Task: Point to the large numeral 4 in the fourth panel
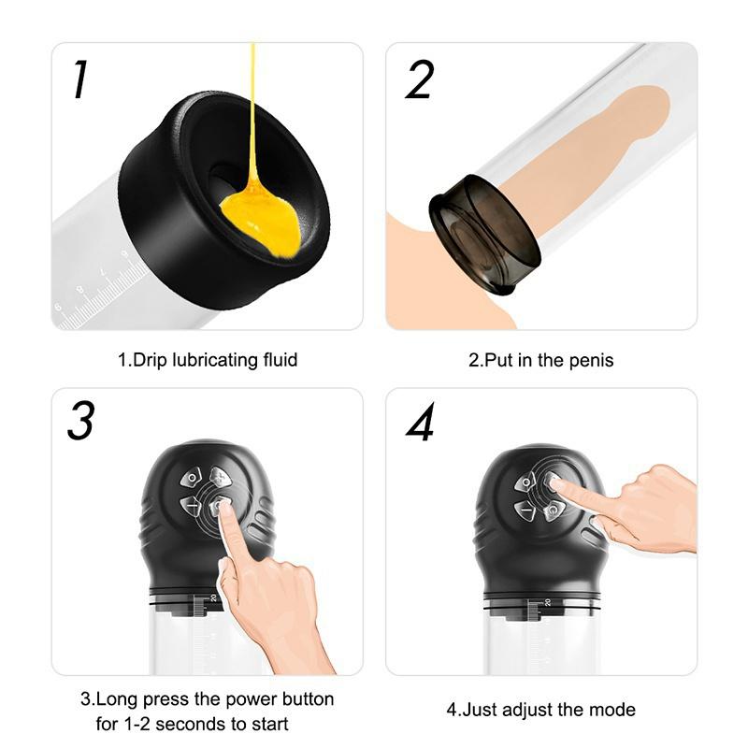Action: click(x=421, y=423)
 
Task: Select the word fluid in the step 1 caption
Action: click(x=278, y=359)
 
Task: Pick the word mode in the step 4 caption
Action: click(x=615, y=709)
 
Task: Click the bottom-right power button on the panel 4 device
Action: click(x=554, y=511)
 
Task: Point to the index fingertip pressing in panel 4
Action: click(x=554, y=483)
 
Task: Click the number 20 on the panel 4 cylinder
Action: click(x=548, y=603)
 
